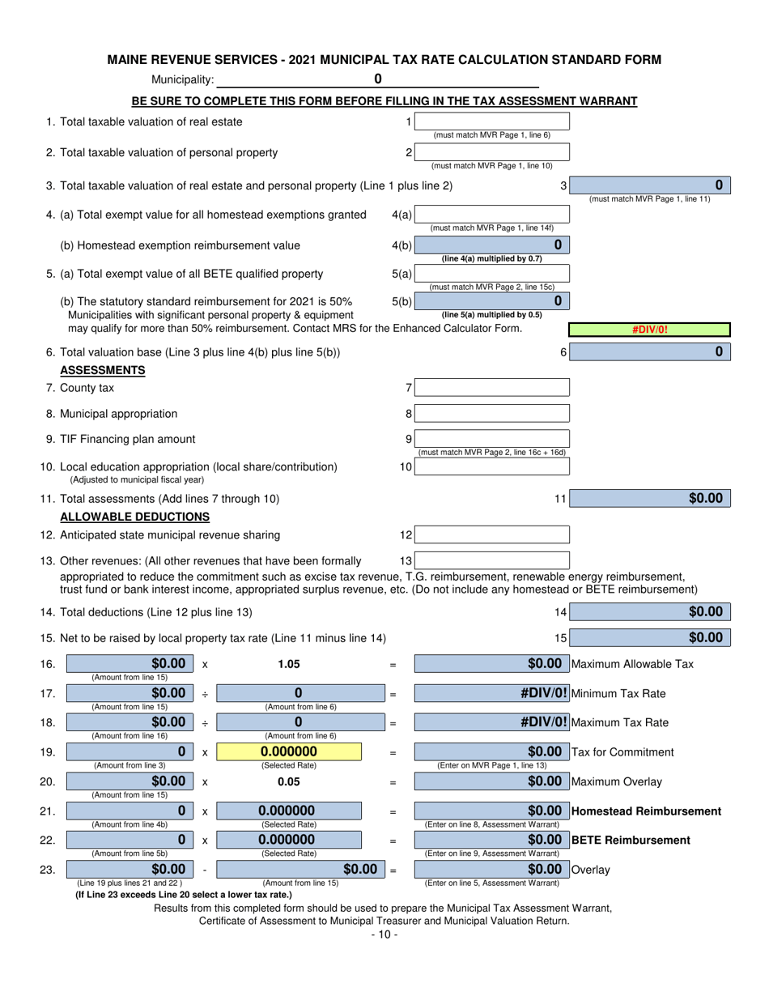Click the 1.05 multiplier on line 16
(288, 664)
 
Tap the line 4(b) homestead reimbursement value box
(491, 245)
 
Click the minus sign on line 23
(204, 870)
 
